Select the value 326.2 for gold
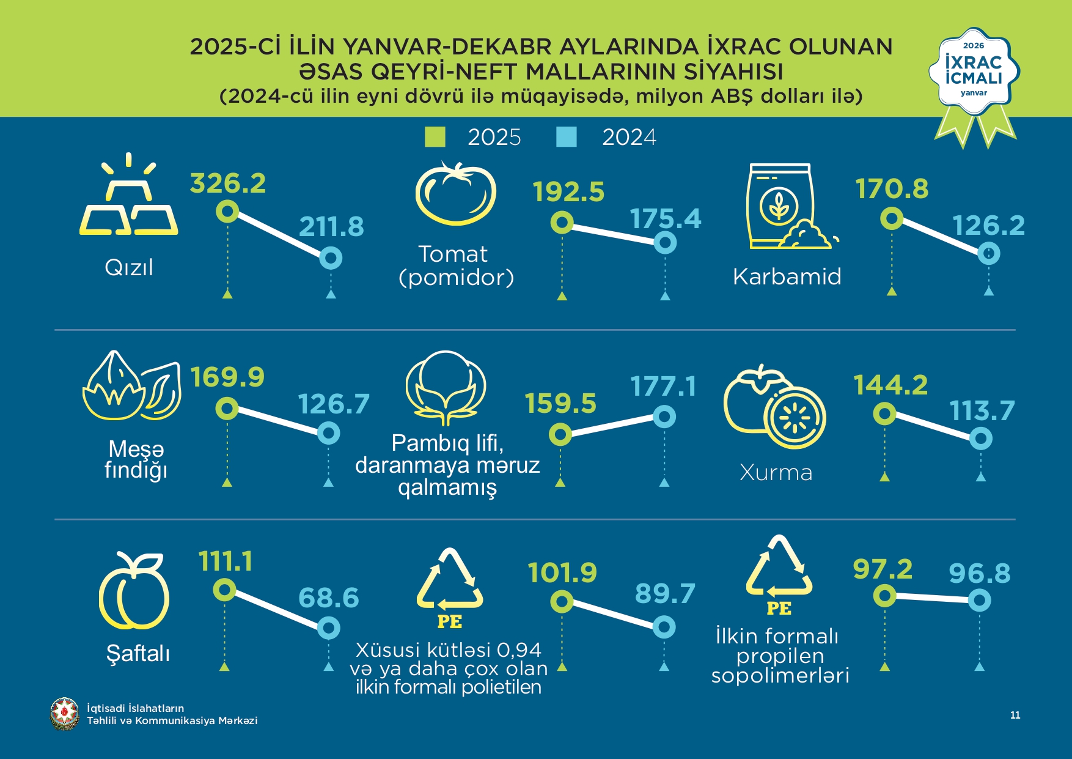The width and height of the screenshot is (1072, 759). click(x=228, y=183)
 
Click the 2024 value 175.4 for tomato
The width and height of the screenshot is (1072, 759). click(x=666, y=219)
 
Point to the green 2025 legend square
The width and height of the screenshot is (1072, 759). click(x=435, y=137)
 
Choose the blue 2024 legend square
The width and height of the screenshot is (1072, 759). click(x=567, y=137)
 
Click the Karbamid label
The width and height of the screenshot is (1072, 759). click(x=787, y=276)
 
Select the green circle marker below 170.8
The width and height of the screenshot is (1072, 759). click(x=892, y=218)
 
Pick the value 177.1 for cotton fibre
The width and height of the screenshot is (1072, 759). click(x=663, y=387)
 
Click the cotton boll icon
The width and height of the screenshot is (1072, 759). click(x=446, y=385)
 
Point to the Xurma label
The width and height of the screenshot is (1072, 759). click(x=776, y=472)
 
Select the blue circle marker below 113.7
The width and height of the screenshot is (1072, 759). click(x=981, y=438)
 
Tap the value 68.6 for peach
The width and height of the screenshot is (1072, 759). click(x=328, y=598)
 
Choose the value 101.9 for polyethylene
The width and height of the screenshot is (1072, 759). click(x=562, y=573)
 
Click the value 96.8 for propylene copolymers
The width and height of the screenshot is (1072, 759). click(x=980, y=573)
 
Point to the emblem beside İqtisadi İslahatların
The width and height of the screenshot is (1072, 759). click(x=64, y=714)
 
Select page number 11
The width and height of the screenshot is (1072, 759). click(x=1015, y=715)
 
